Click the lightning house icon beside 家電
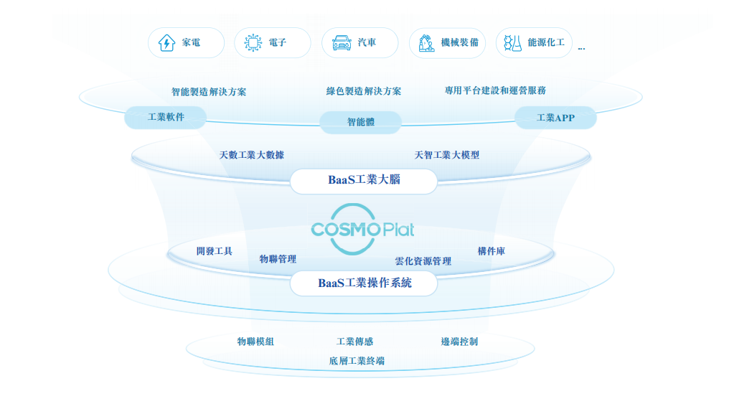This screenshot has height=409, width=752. pos(166,43)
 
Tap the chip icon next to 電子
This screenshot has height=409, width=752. pos(253,43)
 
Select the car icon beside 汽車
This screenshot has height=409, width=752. pos(342,43)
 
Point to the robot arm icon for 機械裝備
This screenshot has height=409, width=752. pos(426,43)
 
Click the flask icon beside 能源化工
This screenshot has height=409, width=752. pos(512,43)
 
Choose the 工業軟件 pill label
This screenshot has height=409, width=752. pos(166,117)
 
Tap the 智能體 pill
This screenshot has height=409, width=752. pos(360,122)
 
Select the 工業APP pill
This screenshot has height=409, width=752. pos(555,118)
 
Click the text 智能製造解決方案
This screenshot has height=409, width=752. pos(209,92)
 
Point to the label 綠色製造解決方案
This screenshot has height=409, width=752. pos(364,91)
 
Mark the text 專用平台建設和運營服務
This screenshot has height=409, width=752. pos(495,90)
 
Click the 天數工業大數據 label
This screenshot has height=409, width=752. pos(256,155)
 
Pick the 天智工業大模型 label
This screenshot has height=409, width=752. pos(447,155)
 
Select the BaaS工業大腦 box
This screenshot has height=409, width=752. pos(364,181)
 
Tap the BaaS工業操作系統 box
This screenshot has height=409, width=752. pos(364,283)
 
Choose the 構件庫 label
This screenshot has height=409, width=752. pos(492,251)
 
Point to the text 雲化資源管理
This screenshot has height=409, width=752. pos(423,261)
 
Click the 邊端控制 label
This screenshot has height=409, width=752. pos(459,342)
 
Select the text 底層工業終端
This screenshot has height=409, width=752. pos(357,361)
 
